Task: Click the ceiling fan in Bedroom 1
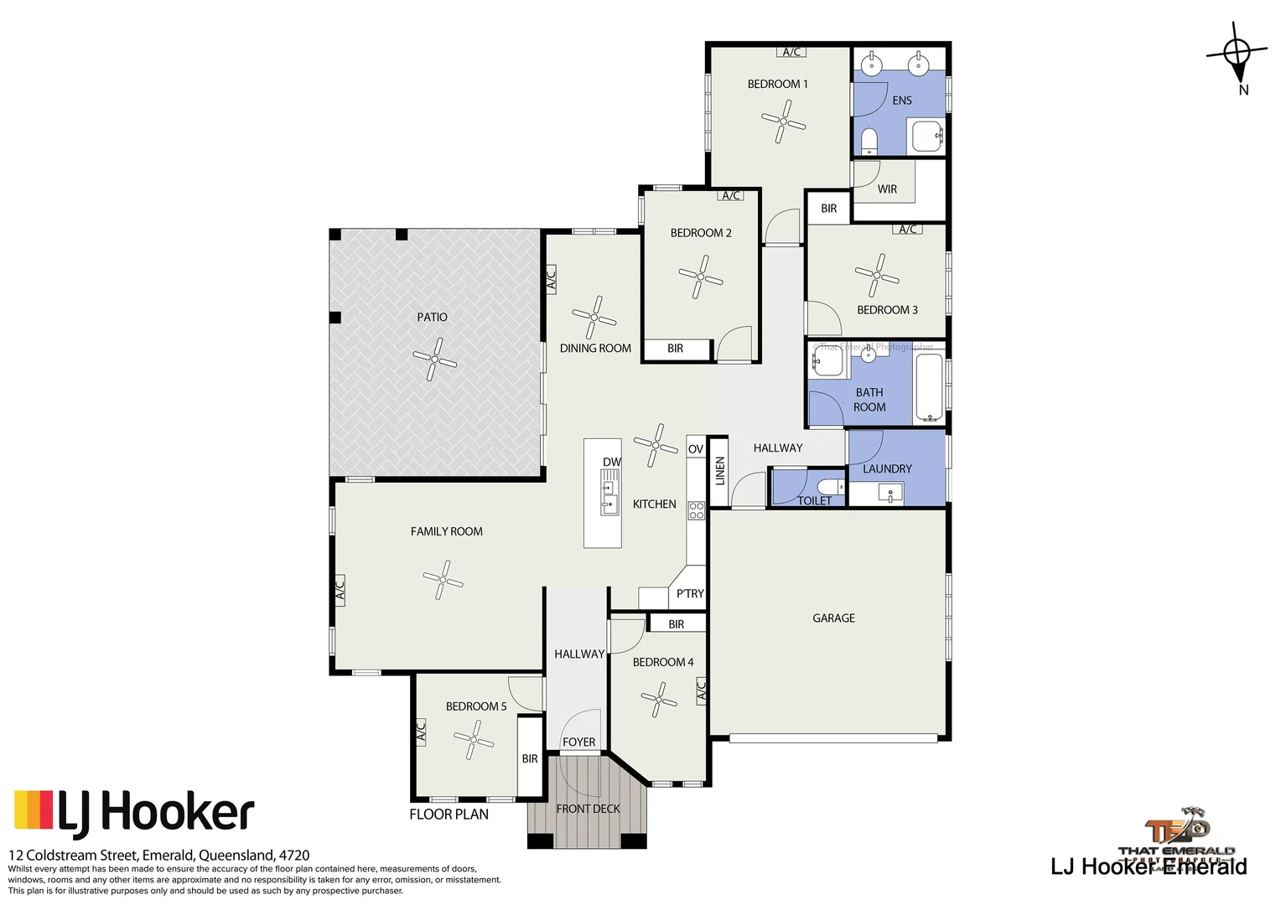(783, 122)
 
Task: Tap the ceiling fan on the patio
(434, 359)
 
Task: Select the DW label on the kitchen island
(611, 462)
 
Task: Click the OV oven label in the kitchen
(695, 449)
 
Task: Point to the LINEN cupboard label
(719, 471)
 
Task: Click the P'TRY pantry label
(690, 593)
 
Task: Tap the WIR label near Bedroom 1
(887, 189)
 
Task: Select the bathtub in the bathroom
(929, 388)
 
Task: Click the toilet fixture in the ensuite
(869, 141)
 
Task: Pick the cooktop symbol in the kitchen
(696, 509)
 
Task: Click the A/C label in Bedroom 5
(421, 731)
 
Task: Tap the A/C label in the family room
(340, 591)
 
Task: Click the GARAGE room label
(833, 618)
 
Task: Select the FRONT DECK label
(588, 809)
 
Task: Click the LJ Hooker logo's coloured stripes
(34, 810)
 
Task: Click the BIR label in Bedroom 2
(675, 349)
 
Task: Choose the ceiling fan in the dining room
(594, 318)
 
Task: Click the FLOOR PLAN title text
(449, 814)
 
